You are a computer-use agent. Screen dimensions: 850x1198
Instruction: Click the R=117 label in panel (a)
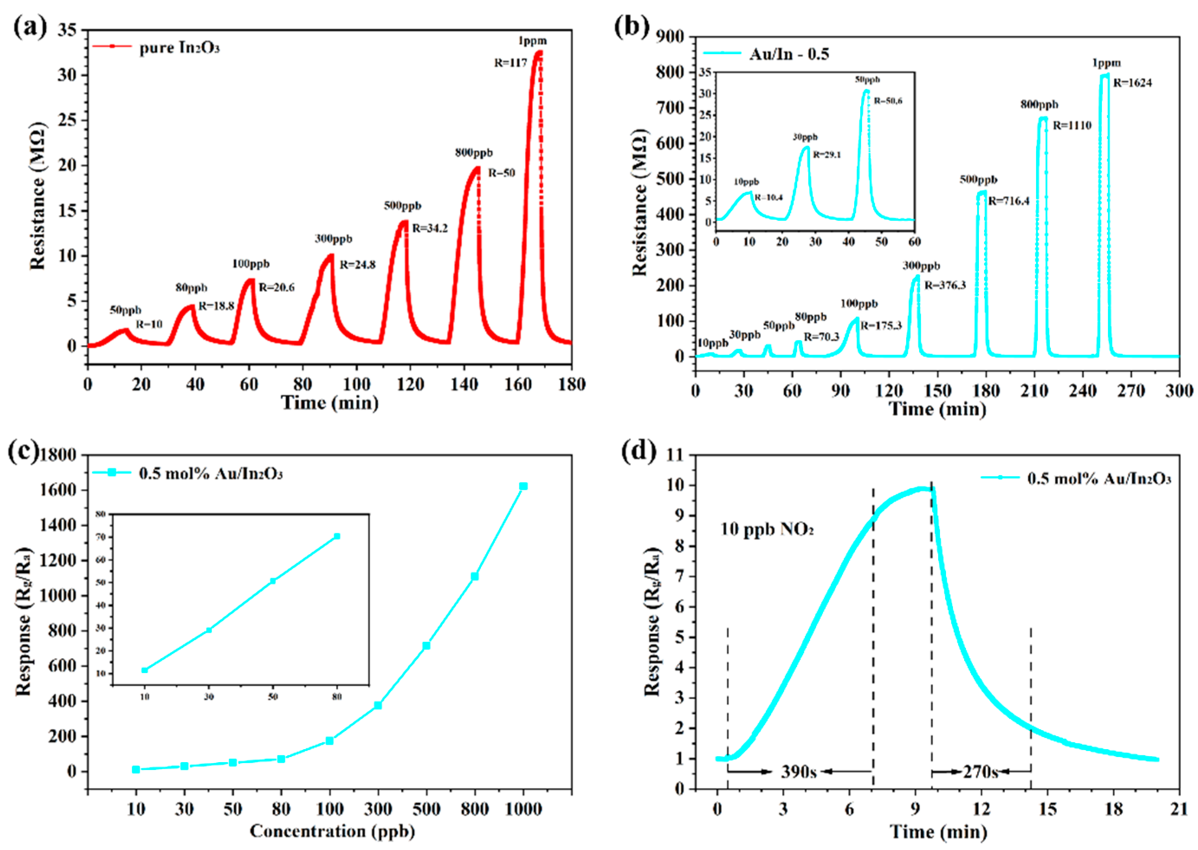coord(510,63)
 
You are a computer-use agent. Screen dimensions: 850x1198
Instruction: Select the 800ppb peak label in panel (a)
coord(473,153)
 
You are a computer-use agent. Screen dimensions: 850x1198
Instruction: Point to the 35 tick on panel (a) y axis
coord(67,30)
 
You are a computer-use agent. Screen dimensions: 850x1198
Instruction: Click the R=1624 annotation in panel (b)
coord(1132,83)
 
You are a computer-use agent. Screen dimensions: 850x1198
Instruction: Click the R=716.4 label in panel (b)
coord(1008,201)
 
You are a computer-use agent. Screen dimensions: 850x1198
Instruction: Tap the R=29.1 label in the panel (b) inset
coord(826,155)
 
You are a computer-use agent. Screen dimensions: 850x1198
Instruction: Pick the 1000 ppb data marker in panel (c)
coord(523,486)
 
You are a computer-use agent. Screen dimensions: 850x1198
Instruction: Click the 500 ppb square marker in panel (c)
coord(426,645)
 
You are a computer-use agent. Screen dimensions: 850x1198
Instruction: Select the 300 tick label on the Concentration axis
coord(378,809)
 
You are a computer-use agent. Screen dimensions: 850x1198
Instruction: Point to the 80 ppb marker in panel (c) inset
coord(337,536)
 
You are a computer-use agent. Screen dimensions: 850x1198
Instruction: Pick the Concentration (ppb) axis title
coord(332,831)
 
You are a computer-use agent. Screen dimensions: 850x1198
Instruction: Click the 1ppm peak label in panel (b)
coord(1106,63)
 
